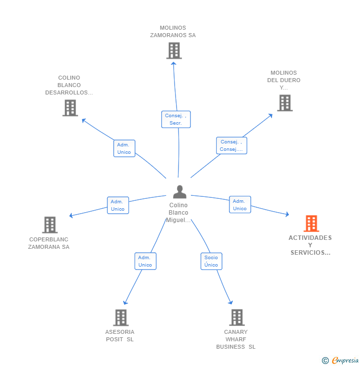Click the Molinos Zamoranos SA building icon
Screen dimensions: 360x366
point(174,50)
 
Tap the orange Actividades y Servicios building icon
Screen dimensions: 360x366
point(311,224)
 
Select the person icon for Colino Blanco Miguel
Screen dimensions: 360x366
point(180,191)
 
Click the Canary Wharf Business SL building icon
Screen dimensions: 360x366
point(237,318)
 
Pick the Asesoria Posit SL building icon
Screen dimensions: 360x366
point(121,318)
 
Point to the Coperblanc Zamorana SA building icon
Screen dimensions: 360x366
point(50,225)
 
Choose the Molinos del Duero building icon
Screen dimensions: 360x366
point(284,103)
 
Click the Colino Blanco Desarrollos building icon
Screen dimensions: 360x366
point(70,108)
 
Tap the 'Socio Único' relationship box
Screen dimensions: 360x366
point(211,261)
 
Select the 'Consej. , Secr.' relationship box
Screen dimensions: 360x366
point(176,119)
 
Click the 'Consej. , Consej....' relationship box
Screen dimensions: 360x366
point(231,145)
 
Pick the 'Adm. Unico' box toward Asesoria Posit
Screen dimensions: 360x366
point(145,261)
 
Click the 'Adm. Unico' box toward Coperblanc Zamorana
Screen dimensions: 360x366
point(118,205)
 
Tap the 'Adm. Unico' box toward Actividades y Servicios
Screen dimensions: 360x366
point(240,205)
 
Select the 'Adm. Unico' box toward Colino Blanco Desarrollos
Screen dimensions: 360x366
point(124,148)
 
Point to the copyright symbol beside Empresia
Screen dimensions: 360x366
point(325,361)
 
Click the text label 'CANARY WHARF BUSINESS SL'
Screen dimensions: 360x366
point(236,339)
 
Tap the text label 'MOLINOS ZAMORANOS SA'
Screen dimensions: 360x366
point(173,32)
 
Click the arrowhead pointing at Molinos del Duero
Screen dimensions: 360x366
point(270,115)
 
